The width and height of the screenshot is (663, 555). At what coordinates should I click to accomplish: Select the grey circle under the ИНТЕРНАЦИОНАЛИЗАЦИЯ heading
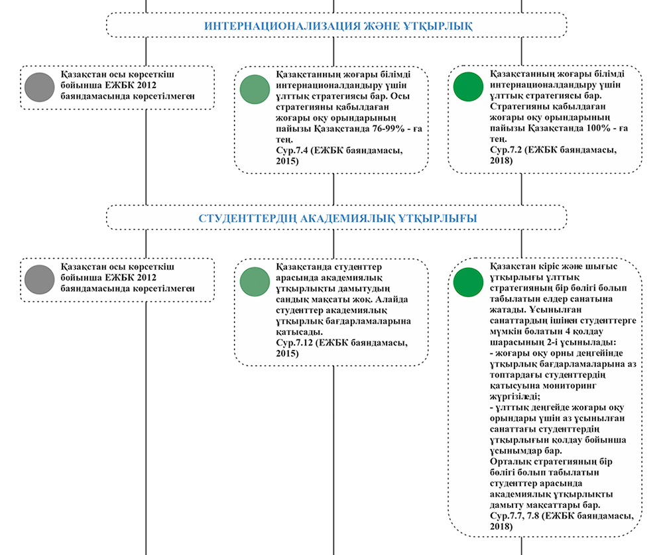click(x=40, y=87)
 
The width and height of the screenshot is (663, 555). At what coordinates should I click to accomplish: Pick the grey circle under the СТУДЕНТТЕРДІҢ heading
click(x=40, y=280)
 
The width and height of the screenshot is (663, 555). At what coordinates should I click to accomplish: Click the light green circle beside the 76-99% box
click(x=255, y=90)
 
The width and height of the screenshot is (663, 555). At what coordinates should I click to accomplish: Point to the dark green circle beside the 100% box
click(x=468, y=87)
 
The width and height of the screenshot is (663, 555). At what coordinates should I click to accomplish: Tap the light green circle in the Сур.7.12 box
click(x=255, y=282)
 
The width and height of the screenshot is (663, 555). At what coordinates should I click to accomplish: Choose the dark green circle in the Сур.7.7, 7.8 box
click(x=468, y=282)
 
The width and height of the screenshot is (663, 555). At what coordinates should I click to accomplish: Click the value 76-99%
click(x=389, y=129)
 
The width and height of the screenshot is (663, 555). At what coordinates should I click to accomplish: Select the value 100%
click(x=598, y=128)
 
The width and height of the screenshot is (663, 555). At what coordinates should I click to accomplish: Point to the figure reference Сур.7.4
click(x=292, y=150)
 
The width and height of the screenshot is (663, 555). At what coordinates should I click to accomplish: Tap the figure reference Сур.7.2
click(x=506, y=150)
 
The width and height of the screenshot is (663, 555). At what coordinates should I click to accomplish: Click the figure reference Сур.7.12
click(x=294, y=343)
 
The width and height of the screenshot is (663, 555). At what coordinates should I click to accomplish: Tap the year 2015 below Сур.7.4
click(x=287, y=161)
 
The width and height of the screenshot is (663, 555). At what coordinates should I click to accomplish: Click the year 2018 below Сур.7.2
click(x=501, y=160)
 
